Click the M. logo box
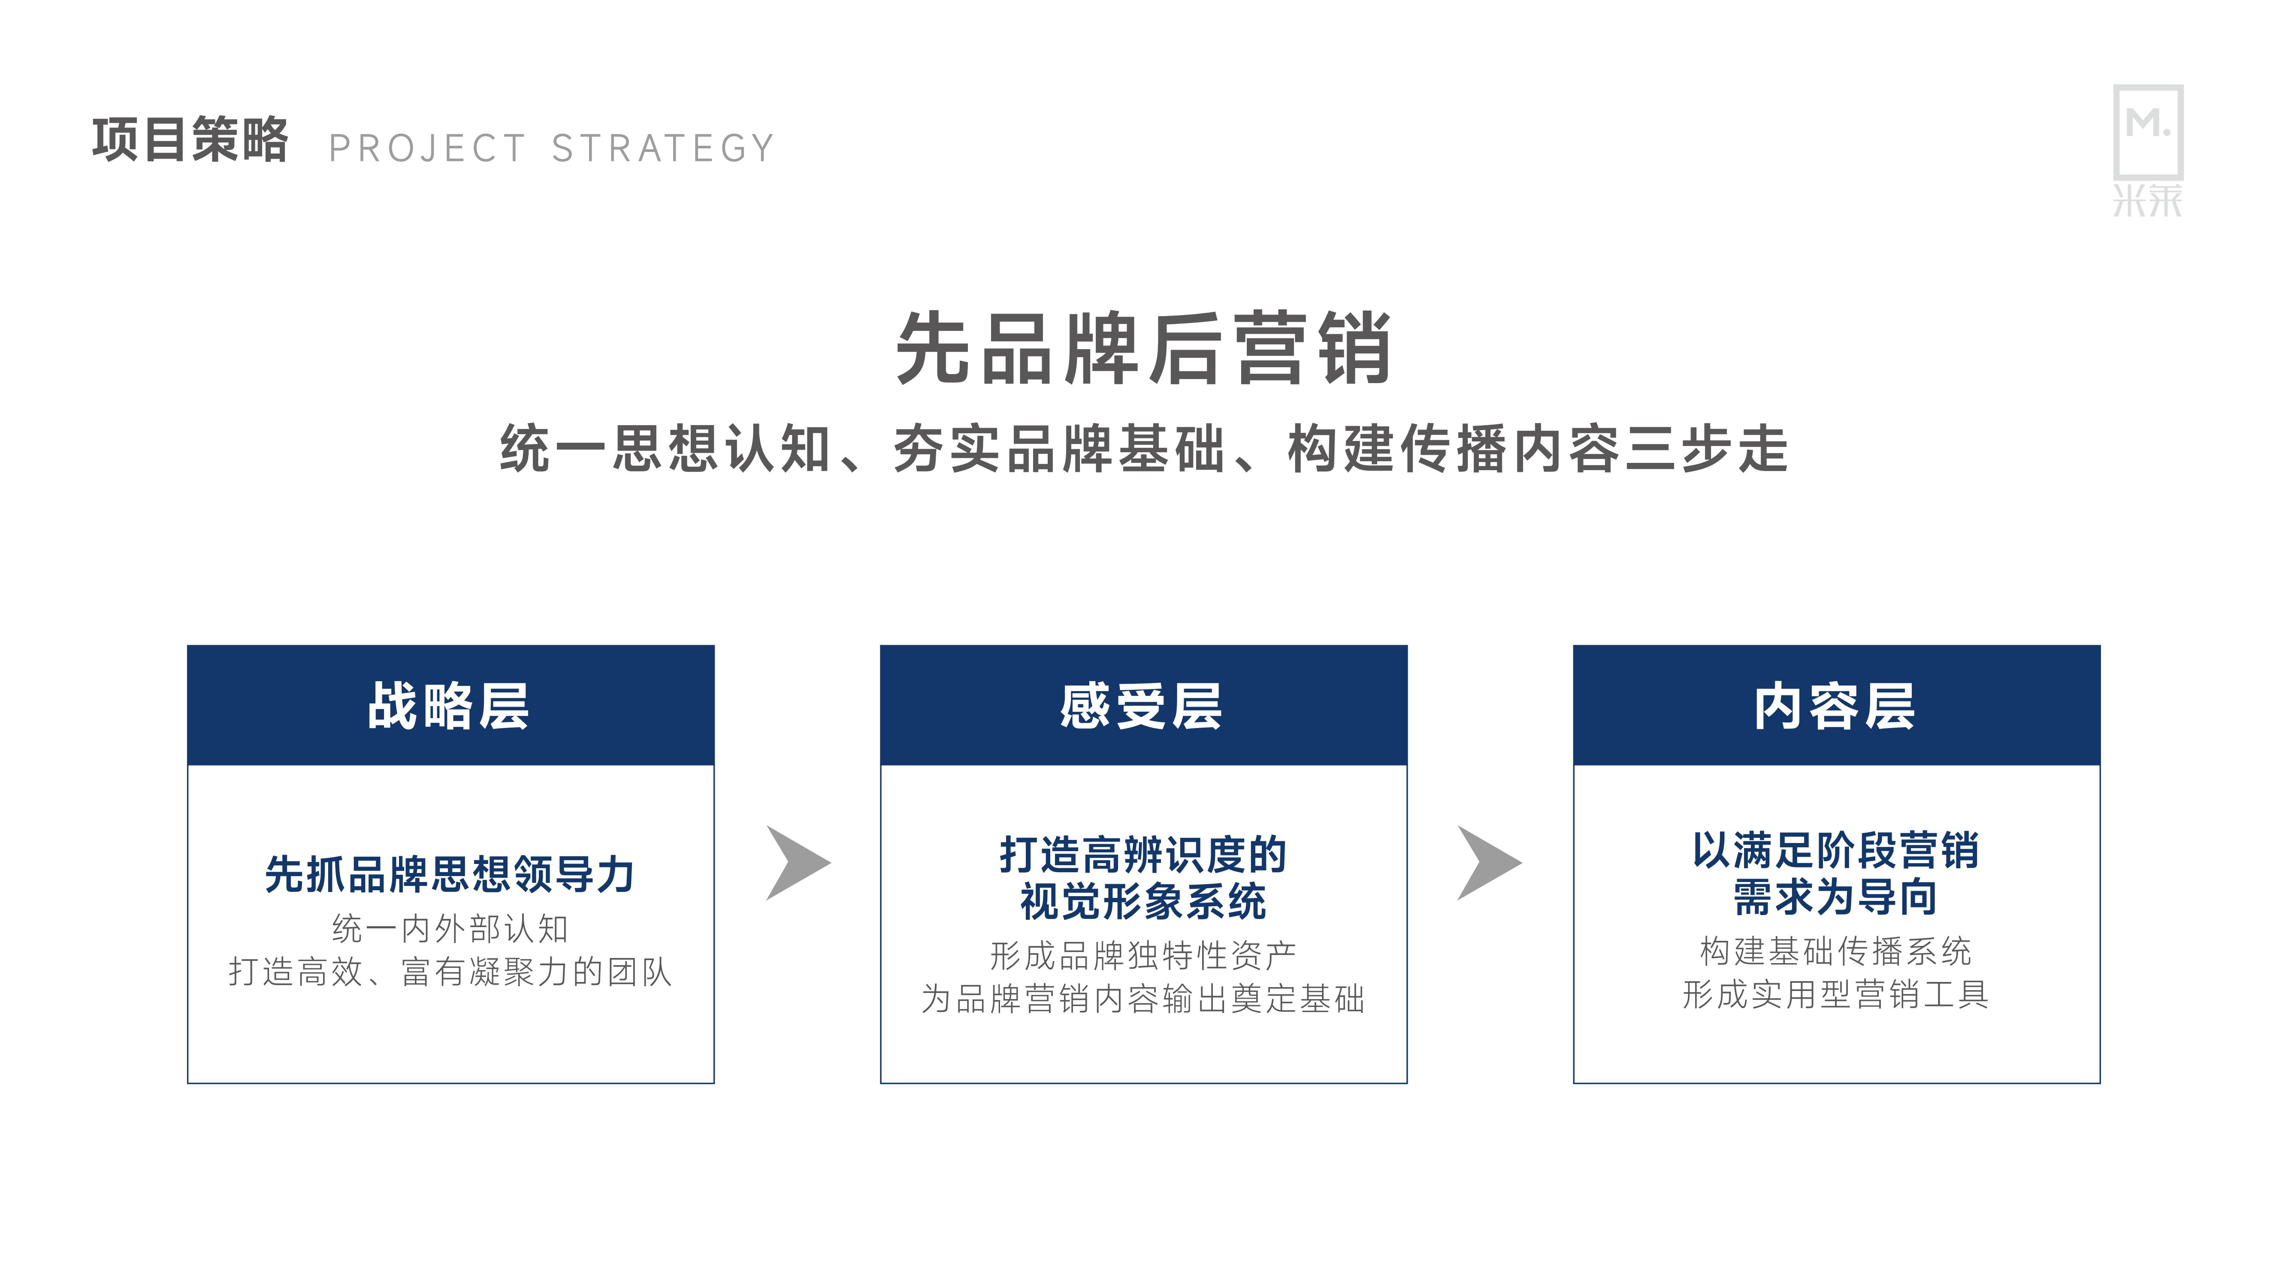(2148, 132)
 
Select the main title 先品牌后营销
(1143, 348)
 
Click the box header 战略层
(450, 706)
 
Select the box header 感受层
(1142, 706)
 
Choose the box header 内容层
(1835, 706)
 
